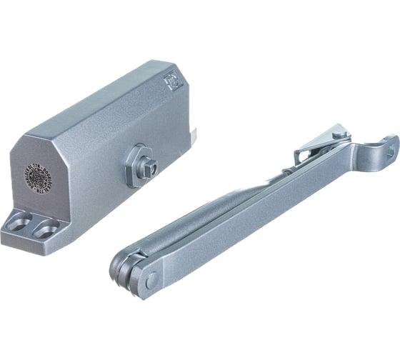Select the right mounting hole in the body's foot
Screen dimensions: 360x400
tap(47, 229)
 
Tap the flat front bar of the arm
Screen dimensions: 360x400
tap(250, 214)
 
